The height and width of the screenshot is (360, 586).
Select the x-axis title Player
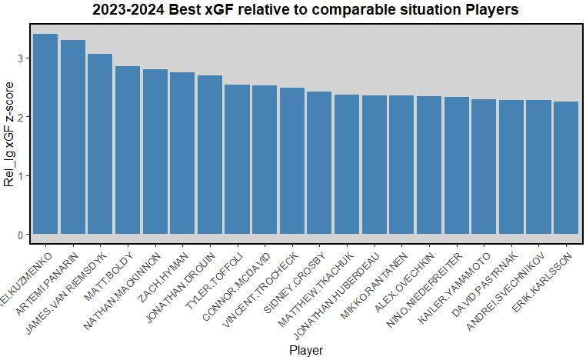click(x=306, y=351)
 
